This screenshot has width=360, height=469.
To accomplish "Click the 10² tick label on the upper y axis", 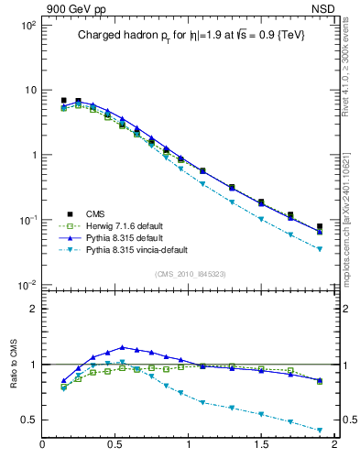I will pos(27,26).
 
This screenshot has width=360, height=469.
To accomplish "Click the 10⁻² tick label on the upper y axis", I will pos(27,285).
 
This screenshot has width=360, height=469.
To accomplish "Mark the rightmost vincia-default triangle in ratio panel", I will pos(320,430).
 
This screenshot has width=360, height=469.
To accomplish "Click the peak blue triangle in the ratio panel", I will pos(123,347).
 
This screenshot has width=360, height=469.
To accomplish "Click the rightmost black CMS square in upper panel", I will pos(320,226).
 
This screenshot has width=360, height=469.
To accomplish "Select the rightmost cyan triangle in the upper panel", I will pos(320,249).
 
